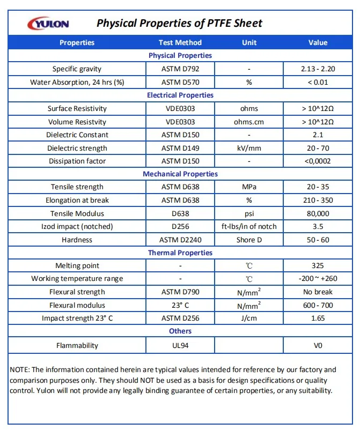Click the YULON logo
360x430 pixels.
coord(48,24)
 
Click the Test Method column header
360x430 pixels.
coord(180,42)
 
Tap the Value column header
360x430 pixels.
coord(318,42)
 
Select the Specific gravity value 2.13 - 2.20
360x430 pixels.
coord(318,69)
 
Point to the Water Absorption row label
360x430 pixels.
coord(77,82)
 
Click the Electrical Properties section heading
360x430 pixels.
coord(180,95)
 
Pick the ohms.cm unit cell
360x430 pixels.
coord(249,122)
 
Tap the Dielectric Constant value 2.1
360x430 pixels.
coord(318,135)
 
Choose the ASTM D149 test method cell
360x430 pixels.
coord(180,148)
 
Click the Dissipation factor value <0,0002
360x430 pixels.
coord(318,161)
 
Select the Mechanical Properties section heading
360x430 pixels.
coord(180,174)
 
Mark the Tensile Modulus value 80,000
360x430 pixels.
coord(318,213)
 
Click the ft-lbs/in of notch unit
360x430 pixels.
coord(249,226)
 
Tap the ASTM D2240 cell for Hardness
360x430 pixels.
coord(180,240)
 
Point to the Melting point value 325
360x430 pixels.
coord(318,265)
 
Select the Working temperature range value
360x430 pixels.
coord(318,279)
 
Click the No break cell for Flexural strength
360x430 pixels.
coord(318,292)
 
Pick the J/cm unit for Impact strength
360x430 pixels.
coord(249,318)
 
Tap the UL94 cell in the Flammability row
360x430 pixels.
coord(180,345)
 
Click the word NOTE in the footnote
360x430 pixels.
coord(20,369)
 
